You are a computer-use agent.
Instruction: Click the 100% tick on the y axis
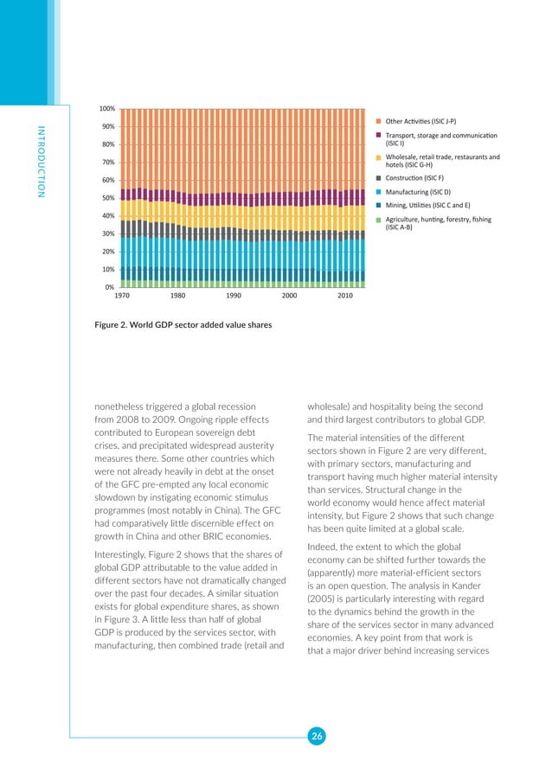tap(106, 109)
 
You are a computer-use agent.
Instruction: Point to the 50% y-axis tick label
tap(108, 198)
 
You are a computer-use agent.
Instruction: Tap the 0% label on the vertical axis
tap(110, 287)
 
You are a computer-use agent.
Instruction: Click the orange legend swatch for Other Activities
tap(378, 121)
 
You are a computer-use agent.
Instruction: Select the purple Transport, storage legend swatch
tap(378, 135)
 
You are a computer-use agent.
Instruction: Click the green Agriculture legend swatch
tap(378, 221)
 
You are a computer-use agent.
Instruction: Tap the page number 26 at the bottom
tap(317, 736)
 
